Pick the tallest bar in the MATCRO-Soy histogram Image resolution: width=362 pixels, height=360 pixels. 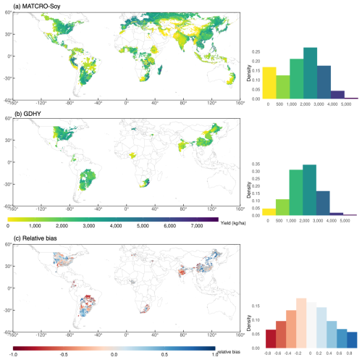point(310,73)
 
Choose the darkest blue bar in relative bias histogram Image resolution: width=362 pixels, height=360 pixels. point(350,341)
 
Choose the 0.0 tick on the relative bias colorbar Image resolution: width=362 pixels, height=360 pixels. point(114,354)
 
